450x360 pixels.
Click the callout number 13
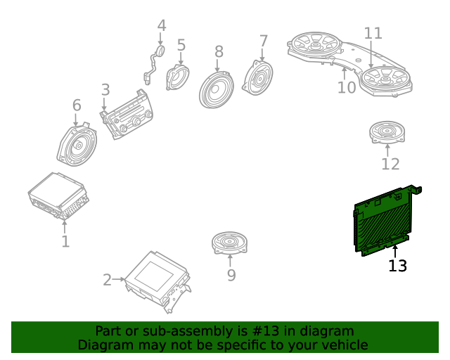click(x=397, y=266)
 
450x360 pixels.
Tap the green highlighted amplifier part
click(x=385, y=221)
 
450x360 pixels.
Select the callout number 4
click(x=162, y=25)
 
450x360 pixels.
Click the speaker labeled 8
click(x=217, y=90)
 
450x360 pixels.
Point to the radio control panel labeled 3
click(x=127, y=115)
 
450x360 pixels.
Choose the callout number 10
click(x=347, y=87)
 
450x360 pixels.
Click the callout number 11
click(x=373, y=33)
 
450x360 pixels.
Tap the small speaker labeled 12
click(x=387, y=132)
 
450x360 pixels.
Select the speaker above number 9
click(x=229, y=243)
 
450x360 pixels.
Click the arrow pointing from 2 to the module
click(x=118, y=279)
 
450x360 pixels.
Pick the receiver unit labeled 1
click(x=58, y=197)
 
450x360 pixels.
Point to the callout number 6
click(x=77, y=105)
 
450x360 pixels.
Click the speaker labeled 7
click(x=257, y=77)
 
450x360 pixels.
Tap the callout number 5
click(x=181, y=46)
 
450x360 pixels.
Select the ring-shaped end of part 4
click(x=160, y=51)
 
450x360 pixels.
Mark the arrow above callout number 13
click(x=395, y=252)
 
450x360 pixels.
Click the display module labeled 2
click(x=158, y=282)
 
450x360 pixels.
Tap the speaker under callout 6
click(x=77, y=144)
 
